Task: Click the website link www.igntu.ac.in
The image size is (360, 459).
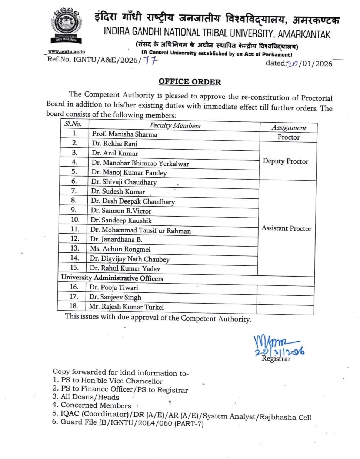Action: pos(66,52)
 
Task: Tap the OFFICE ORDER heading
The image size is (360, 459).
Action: pos(190,82)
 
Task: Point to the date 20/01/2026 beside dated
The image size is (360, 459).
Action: pos(310,64)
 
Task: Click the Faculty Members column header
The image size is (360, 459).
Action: pos(175,125)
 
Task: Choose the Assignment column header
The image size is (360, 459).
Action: pos(289,128)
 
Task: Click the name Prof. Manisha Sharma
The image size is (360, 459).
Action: pos(124,134)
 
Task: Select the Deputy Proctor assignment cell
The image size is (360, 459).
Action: pos(286,161)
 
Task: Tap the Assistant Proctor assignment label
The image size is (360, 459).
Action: pos(287,228)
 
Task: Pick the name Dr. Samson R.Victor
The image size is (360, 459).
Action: pos(121,211)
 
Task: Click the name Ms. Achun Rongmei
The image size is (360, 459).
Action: pos(120,249)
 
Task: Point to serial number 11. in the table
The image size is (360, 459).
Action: pos(75,229)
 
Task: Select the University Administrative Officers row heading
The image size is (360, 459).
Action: pos(112,278)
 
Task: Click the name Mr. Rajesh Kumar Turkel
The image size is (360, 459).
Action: pos(126,307)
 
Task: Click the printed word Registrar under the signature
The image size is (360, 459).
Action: pos(276,358)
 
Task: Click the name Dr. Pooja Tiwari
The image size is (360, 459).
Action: pos(113,288)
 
